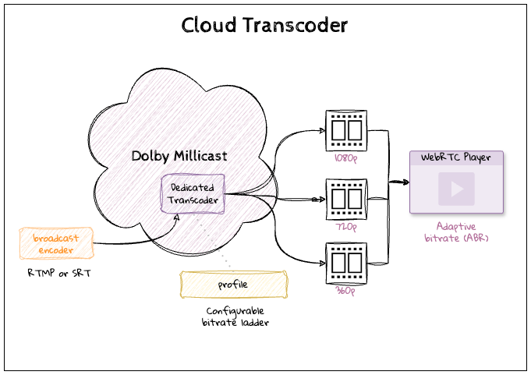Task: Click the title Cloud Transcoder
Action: pyautogui.click(x=264, y=25)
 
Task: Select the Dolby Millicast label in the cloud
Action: pyautogui.click(x=179, y=156)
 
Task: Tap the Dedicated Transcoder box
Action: pyautogui.click(x=193, y=194)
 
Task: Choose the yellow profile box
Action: pyautogui.click(x=232, y=285)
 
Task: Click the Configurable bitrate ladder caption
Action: pyautogui.click(x=232, y=317)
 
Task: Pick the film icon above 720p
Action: pyautogui.click(x=345, y=199)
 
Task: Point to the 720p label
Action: pyautogui.click(x=345, y=227)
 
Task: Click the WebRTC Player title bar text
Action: pyautogui.click(x=456, y=157)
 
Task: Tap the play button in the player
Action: pyautogui.click(x=457, y=188)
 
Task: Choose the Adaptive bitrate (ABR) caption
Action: pyautogui.click(x=457, y=232)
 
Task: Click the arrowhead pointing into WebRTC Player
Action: pyautogui.click(x=405, y=182)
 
